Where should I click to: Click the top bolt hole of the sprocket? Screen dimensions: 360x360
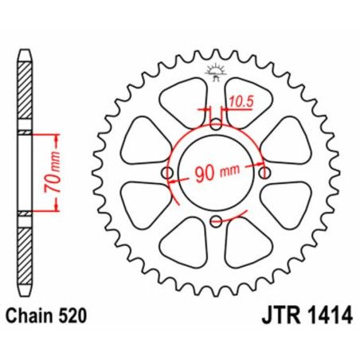click(x=217, y=124)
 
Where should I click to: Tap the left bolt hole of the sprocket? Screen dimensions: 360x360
click(x=167, y=174)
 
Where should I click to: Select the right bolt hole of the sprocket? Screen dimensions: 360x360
click(x=267, y=174)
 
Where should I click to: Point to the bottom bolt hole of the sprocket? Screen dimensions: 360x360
click(x=217, y=224)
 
